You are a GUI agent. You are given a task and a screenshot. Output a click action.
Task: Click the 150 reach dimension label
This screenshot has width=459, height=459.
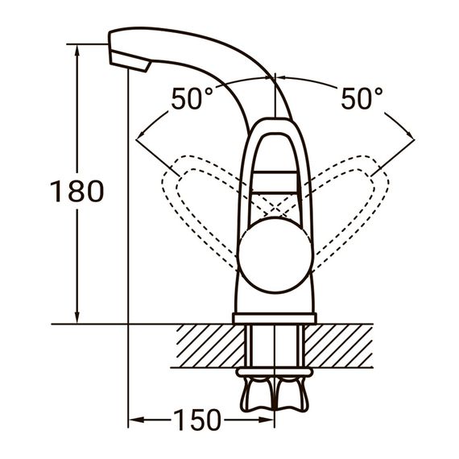click(196, 420)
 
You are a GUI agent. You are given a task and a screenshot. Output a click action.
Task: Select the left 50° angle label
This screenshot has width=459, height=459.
click(192, 99)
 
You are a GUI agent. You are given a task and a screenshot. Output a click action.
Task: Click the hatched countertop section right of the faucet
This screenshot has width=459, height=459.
click(342, 345)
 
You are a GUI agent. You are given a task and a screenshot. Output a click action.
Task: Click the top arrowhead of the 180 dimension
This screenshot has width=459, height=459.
click(78, 51)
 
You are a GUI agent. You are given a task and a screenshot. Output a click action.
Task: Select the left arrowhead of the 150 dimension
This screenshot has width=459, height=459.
click(134, 420)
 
